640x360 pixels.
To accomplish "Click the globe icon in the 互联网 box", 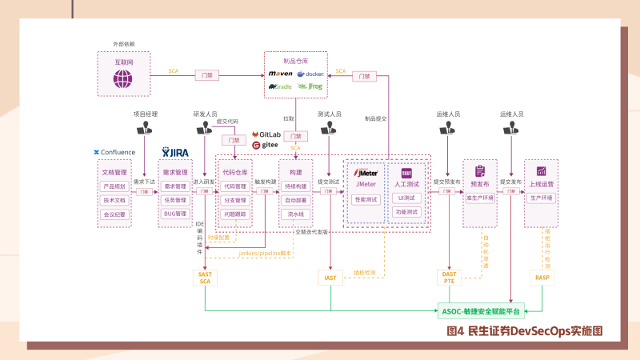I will [122, 78].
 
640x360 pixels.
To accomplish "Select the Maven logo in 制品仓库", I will [281, 74].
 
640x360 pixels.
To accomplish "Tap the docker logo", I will [311, 74].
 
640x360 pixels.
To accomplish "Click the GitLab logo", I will [266, 134].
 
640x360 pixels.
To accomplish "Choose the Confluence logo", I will [114, 152].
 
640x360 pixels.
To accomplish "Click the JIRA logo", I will [175, 152].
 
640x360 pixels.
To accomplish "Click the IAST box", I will [330, 278].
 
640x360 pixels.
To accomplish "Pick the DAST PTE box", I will [450, 277].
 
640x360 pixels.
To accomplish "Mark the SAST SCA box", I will [205, 277].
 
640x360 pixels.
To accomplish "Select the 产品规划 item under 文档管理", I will [114, 186].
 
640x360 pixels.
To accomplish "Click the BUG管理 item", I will [175, 214].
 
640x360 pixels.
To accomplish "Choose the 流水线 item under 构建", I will [296, 214].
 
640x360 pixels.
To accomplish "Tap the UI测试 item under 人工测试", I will [406, 198].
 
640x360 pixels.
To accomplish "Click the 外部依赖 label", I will [123, 42].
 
